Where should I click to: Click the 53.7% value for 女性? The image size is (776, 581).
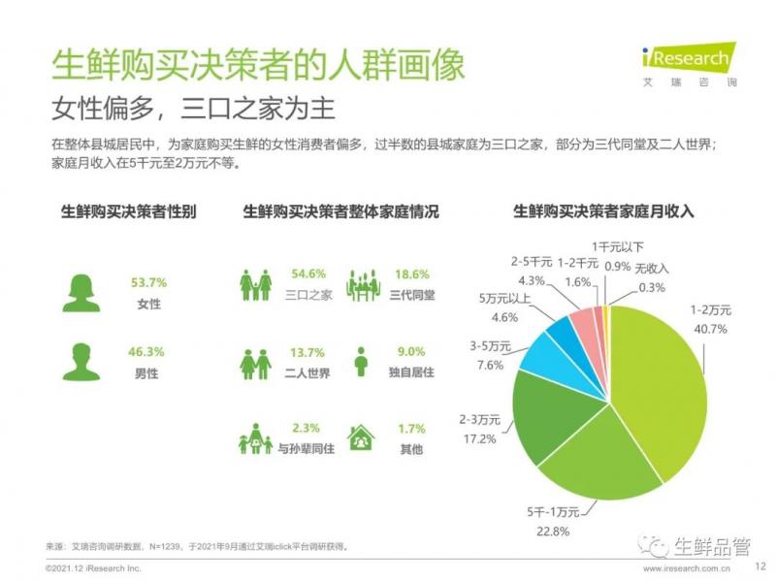[148, 282]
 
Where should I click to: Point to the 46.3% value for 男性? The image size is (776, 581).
[148, 351]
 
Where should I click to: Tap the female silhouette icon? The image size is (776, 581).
[81, 293]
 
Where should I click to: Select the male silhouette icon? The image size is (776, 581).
[81, 362]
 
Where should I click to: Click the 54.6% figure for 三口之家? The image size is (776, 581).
[308, 274]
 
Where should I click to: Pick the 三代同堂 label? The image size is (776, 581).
[411, 296]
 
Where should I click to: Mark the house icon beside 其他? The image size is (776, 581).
[361, 439]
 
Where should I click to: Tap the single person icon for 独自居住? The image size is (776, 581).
[361, 363]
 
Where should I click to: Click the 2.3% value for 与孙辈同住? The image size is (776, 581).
[307, 428]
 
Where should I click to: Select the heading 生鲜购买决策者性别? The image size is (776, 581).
[128, 210]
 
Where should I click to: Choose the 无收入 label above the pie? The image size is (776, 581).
[652, 269]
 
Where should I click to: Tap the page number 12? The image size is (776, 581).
[760, 566]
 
